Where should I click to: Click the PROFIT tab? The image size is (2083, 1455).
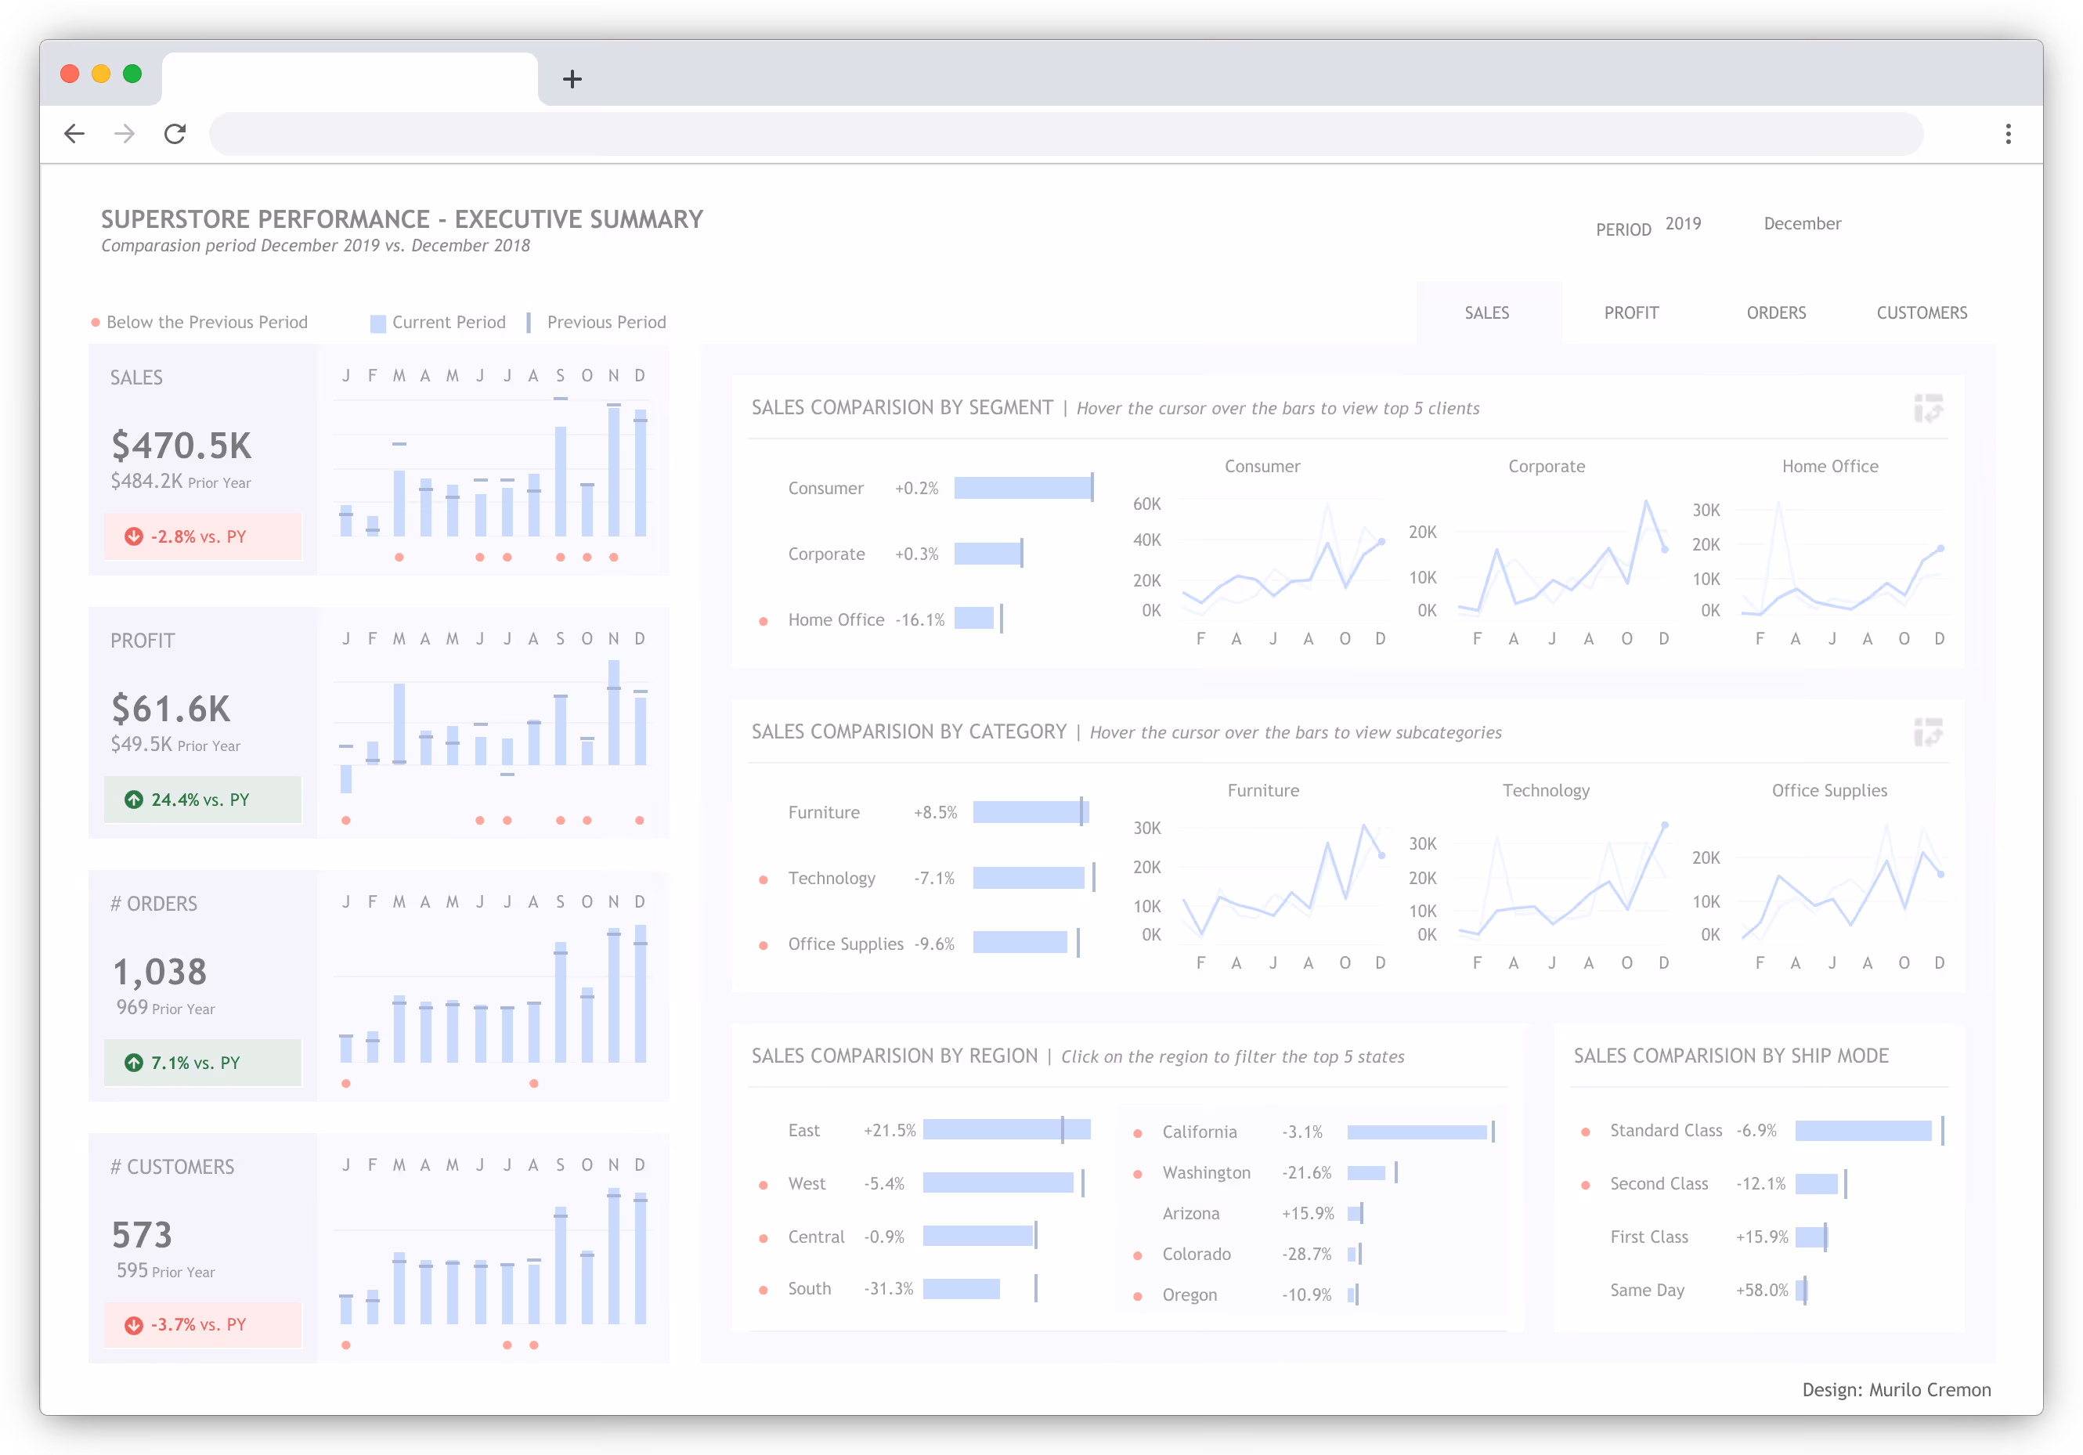(x=1630, y=313)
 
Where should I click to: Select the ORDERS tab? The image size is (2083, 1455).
(x=1775, y=313)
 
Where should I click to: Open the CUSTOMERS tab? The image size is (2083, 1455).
(x=1921, y=313)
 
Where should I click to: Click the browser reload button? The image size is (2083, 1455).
(x=175, y=134)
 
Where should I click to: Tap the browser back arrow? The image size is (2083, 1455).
(x=74, y=134)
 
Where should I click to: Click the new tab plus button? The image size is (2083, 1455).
(x=572, y=79)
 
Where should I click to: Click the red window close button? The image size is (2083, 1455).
(x=70, y=74)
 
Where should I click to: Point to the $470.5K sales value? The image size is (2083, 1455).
(x=182, y=446)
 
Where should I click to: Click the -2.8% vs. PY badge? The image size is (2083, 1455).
(x=201, y=536)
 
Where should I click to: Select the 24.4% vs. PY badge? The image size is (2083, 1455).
(x=201, y=800)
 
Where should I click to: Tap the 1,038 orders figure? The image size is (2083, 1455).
(x=160, y=973)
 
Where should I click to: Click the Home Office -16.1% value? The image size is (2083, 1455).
(x=919, y=620)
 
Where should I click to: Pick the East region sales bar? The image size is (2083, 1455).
(x=1005, y=1129)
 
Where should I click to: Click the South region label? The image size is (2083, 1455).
(x=809, y=1288)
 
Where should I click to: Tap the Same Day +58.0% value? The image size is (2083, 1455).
(x=1761, y=1290)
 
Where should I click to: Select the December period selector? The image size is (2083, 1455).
(x=1802, y=224)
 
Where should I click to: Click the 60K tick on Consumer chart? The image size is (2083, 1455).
(x=1146, y=504)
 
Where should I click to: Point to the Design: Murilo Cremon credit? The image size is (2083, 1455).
(x=1896, y=1390)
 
